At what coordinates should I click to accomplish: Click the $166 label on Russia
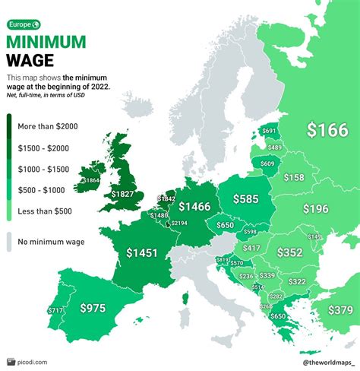click(x=327, y=129)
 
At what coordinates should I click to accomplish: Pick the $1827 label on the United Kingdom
click(x=122, y=195)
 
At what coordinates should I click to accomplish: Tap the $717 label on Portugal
click(x=55, y=310)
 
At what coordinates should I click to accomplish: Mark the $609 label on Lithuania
click(x=267, y=163)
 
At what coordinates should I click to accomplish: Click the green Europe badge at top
click(x=26, y=24)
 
